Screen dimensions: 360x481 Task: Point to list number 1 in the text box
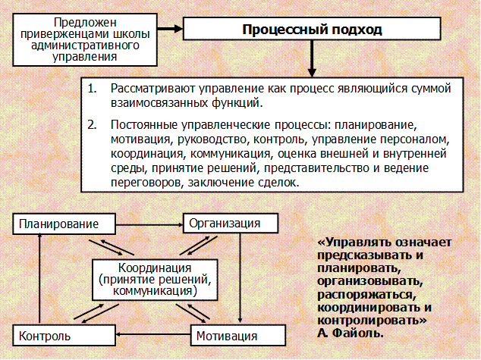[x=93, y=89]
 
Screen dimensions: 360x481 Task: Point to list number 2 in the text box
[x=93, y=123]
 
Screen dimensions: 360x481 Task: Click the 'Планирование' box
[x=65, y=224]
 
